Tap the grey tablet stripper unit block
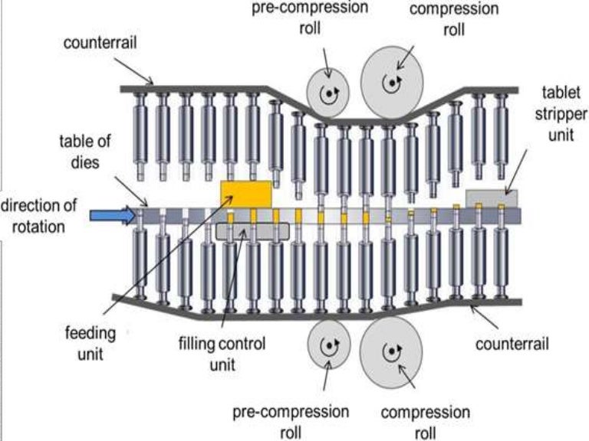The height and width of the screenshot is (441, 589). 491,198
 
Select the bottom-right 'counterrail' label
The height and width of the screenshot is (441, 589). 512,344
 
